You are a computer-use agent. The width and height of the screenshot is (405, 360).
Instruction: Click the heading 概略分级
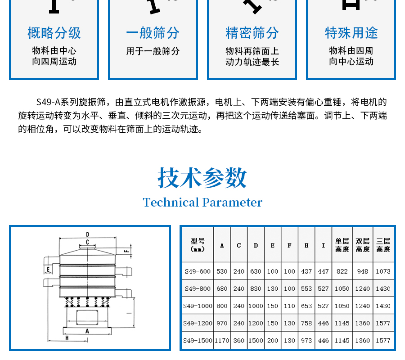(54, 33)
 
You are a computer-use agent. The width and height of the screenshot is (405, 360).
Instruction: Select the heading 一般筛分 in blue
(153, 33)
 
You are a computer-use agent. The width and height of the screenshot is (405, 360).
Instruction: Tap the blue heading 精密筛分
(252, 33)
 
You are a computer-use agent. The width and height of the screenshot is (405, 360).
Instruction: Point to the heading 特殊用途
(351, 33)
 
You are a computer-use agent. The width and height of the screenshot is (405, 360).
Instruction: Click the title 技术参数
(202, 178)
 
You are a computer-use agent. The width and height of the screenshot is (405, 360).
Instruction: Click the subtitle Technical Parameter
(202, 202)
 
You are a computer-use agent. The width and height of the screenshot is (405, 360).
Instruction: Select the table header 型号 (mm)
(197, 245)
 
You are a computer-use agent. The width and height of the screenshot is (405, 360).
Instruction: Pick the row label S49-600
(197, 271)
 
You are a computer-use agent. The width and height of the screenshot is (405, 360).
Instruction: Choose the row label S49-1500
(197, 341)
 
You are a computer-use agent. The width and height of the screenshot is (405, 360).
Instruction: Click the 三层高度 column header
(383, 245)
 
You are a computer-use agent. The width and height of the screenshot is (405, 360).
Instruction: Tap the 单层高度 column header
(342, 245)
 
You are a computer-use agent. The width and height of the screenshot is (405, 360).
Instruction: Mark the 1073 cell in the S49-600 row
(383, 271)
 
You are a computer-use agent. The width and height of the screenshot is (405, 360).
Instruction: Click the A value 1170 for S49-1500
(222, 341)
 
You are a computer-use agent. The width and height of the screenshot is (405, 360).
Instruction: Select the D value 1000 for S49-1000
(256, 306)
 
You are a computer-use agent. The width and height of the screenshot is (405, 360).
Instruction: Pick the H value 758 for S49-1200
(306, 323)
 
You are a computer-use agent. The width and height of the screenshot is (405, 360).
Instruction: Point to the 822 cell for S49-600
(342, 271)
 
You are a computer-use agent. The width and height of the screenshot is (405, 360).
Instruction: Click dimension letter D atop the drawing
(87, 234)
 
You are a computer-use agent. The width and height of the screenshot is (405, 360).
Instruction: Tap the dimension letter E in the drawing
(47, 269)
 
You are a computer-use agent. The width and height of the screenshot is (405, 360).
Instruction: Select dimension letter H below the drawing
(66, 337)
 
